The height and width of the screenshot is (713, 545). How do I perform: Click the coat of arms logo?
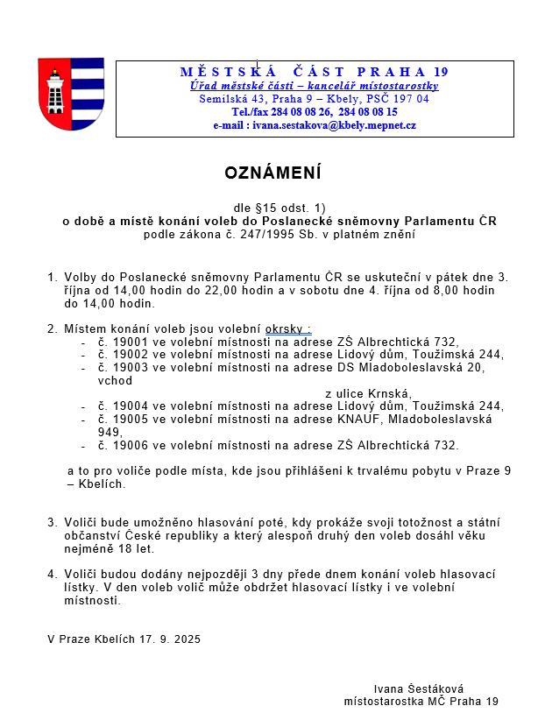coord(70,94)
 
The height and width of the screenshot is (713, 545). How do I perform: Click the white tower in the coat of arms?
coord(55,90)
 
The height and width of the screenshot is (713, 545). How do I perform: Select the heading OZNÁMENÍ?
coord(272,173)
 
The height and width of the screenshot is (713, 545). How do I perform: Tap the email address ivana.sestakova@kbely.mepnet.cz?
coord(334,125)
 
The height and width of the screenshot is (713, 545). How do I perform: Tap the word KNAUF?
coord(366,419)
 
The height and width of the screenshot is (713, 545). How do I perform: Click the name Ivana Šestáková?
coord(418,689)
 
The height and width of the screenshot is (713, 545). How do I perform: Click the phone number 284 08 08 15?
coord(366,112)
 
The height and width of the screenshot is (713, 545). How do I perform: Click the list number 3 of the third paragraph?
coord(51,522)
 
